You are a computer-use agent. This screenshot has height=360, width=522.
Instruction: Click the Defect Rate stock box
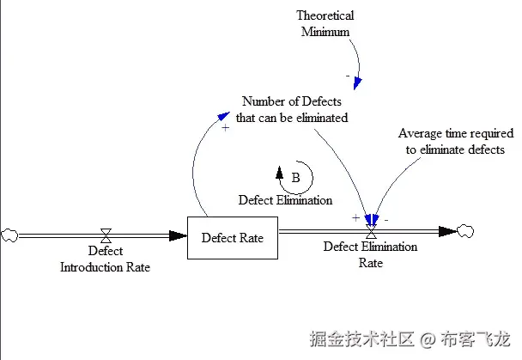tap(233, 238)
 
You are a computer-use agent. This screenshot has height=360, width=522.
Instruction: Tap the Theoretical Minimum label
tap(325, 23)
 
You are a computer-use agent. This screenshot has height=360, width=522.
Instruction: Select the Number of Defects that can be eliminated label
tap(292, 109)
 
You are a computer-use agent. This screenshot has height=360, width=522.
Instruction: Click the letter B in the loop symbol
tap(295, 178)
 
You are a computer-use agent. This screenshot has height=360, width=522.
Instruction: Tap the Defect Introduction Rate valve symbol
tap(106, 235)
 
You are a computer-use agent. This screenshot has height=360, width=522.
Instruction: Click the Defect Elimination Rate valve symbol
tap(371, 231)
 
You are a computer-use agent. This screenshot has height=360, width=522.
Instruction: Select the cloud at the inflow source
tap(9, 235)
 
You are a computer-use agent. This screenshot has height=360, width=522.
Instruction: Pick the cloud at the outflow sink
tap(465, 231)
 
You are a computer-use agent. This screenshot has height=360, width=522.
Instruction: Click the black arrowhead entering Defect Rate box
tap(178, 235)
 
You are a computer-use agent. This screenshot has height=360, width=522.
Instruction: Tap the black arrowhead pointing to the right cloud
tap(448, 231)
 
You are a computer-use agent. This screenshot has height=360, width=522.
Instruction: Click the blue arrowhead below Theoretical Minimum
tap(357, 83)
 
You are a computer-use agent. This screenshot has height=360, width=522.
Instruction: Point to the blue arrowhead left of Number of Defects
tap(223, 116)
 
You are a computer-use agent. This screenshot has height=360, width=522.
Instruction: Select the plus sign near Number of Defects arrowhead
tap(226, 127)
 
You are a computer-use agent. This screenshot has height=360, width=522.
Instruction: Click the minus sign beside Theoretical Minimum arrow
tap(348, 76)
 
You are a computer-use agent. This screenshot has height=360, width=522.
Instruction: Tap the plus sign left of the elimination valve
tap(356, 217)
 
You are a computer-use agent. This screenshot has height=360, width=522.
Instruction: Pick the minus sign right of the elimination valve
tap(386, 220)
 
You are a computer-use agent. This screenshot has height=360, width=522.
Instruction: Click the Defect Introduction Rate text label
tap(106, 259)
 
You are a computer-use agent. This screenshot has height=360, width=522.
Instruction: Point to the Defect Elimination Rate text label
tap(370, 255)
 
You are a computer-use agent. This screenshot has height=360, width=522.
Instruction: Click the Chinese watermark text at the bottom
tap(410, 339)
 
